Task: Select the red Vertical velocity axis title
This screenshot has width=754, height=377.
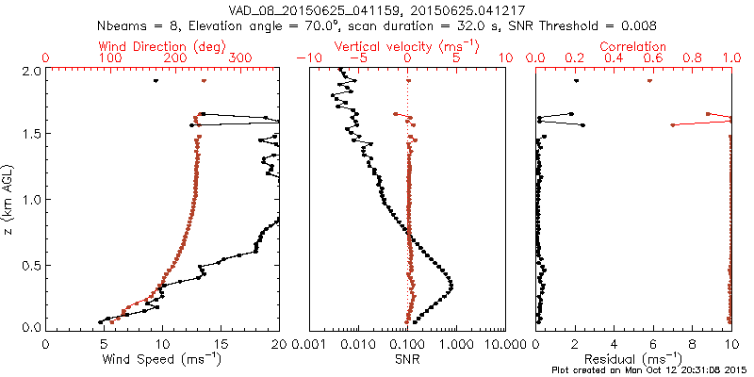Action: [407, 46]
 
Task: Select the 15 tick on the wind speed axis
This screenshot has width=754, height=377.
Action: [220, 343]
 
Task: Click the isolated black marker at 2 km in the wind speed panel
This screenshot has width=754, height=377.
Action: [156, 81]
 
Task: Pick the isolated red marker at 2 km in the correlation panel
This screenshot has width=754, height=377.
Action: [649, 81]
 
